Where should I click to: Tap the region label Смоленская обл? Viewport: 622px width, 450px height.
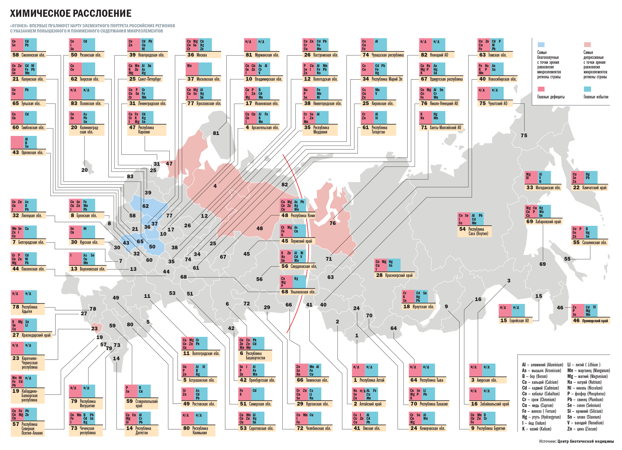click(33, 55)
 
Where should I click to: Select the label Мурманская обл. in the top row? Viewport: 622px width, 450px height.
click(266, 55)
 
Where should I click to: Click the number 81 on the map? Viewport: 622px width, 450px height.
click(216, 133)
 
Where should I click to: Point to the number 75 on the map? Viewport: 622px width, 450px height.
click(524, 136)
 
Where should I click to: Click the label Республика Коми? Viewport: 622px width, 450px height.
click(302, 215)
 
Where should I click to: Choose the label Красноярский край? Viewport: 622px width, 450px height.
click(399, 275)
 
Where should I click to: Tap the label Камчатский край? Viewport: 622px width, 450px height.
click(594, 188)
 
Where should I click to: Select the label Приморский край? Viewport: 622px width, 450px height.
click(595, 321)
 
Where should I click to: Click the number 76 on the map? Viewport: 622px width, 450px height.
click(333, 223)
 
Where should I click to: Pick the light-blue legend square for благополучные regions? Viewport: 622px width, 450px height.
click(541, 45)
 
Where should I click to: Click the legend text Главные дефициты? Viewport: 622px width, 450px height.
click(551, 97)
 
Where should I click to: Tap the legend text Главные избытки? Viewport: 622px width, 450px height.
click(596, 97)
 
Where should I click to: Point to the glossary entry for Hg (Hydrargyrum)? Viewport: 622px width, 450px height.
click(541, 417)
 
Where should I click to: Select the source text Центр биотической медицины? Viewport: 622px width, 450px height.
click(585, 441)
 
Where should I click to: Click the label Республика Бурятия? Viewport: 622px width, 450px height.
click(491, 428)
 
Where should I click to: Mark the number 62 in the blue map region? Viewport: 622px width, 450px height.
click(146, 206)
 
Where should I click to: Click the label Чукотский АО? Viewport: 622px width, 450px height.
click(497, 103)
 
